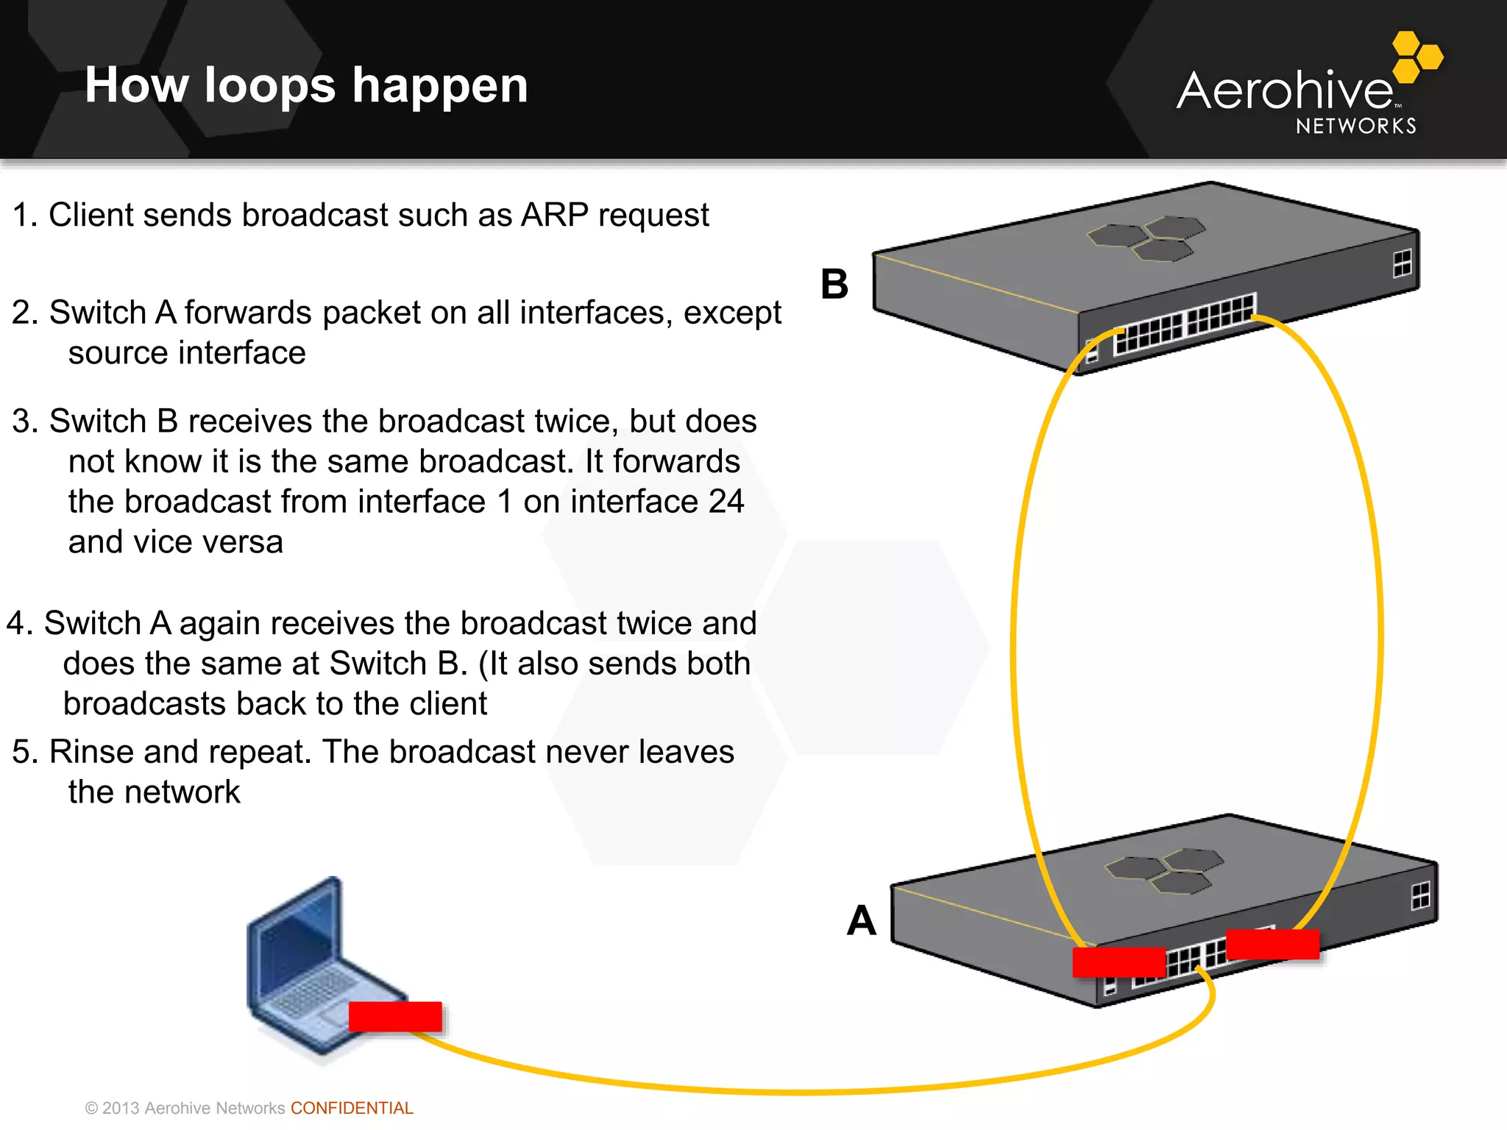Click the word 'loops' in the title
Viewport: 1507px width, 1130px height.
(x=269, y=87)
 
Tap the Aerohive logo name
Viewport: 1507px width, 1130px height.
(x=1284, y=91)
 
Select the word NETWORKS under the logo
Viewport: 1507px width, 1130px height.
(x=1355, y=127)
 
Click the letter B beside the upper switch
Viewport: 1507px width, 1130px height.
(x=834, y=284)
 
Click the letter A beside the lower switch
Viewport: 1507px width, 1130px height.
(x=861, y=920)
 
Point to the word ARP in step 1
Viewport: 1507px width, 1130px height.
(x=554, y=216)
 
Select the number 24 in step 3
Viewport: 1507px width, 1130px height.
(x=726, y=502)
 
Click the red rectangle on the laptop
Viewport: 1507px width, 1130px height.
(x=395, y=1017)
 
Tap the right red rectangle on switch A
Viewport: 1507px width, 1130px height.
(x=1272, y=944)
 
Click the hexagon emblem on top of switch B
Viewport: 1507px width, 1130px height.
(x=1146, y=238)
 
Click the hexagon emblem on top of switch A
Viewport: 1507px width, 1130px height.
(x=1165, y=870)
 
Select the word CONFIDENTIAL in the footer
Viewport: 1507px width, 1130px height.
(x=352, y=1108)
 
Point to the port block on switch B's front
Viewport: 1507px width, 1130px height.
(x=1185, y=324)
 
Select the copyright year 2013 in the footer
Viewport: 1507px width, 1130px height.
(x=121, y=1108)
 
